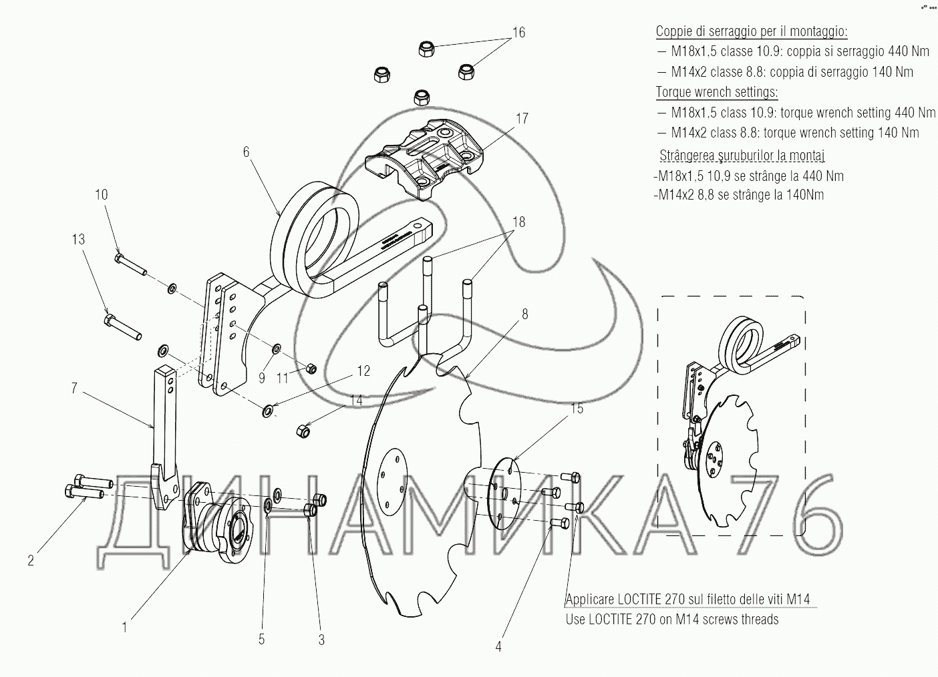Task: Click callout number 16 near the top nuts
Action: [518, 32]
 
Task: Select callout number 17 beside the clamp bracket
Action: [522, 118]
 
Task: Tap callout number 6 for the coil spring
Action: [247, 152]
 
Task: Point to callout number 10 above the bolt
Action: [102, 194]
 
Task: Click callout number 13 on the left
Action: [78, 239]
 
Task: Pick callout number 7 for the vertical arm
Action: [74, 388]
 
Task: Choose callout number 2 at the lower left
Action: [31, 560]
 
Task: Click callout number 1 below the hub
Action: [124, 627]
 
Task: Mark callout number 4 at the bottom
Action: [498, 647]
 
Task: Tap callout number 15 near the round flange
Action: [577, 409]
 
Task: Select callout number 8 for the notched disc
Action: [525, 314]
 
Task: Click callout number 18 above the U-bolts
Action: [519, 222]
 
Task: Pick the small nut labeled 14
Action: [303, 431]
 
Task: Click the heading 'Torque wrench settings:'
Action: [716, 92]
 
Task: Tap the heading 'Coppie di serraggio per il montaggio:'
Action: [752, 31]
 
